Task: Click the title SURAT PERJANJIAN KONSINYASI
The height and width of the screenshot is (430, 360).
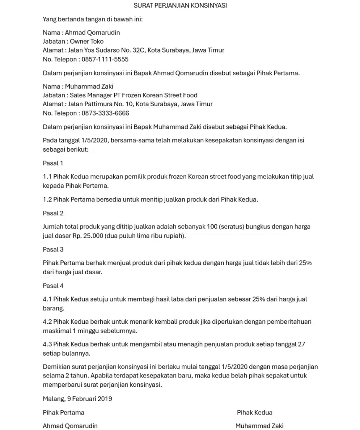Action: pos(180,5)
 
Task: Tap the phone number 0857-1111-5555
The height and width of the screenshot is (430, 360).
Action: pos(105,59)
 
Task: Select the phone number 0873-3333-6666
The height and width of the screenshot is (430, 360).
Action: pos(105,113)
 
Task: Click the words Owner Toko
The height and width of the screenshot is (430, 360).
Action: pos(86,41)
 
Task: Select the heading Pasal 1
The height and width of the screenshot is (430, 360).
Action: pos(53,163)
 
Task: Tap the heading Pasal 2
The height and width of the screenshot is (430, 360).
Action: pos(53,213)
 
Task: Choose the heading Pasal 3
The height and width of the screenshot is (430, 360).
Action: pos(53,249)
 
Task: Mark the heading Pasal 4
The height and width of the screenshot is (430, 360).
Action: pos(53,286)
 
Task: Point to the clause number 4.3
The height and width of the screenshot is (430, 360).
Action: pos(47,344)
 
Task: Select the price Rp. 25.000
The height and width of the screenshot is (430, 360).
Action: pos(88,236)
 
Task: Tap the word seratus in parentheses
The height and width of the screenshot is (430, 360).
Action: pos(230,227)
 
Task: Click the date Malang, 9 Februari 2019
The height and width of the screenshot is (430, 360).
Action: pos(77,399)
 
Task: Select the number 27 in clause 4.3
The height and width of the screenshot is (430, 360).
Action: pos(301,344)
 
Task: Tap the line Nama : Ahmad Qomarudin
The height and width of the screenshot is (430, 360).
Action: pos(81,32)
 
